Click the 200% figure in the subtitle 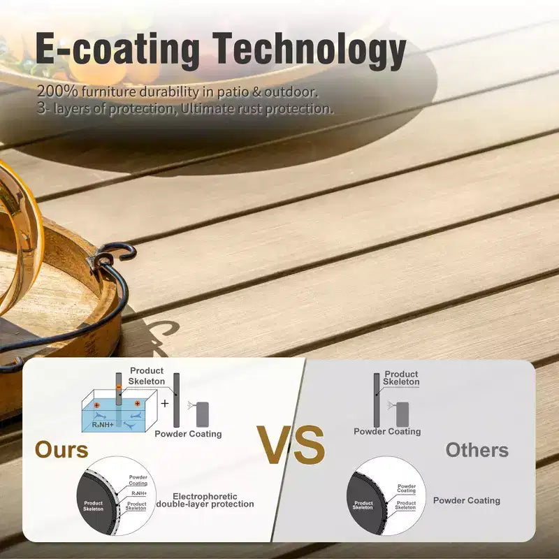(57, 92)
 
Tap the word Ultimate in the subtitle (207, 108)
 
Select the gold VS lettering (291, 445)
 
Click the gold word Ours (61, 449)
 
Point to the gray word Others (477, 450)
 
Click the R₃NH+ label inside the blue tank (103, 425)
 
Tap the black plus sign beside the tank (165, 403)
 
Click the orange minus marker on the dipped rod (119, 387)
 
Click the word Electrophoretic (205, 496)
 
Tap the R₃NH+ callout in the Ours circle (139, 493)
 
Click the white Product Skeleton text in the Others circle (363, 505)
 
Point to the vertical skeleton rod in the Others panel (377, 400)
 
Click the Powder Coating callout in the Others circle (407, 488)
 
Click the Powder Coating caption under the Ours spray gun (188, 434)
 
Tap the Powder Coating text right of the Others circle (467, 500)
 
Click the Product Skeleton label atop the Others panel (401, 378)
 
